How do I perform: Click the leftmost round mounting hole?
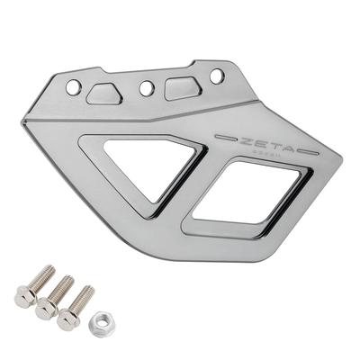pos(74,87)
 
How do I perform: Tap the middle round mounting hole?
pos(146,88)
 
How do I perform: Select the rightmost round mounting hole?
pos(216,76)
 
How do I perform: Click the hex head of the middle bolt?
pos(46,309)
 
